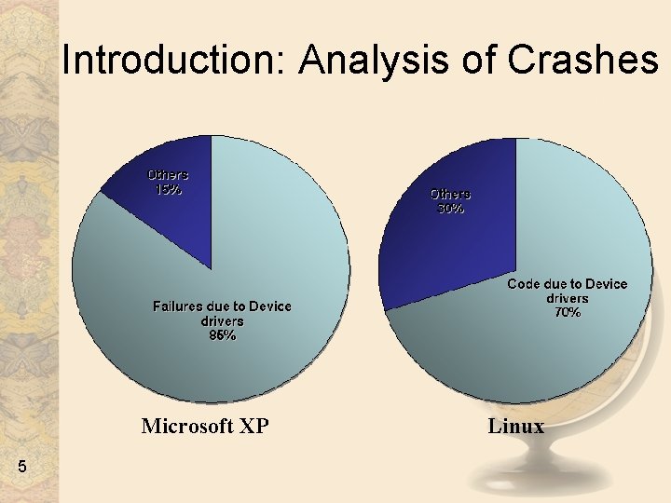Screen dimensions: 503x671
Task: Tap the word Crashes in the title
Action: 582,61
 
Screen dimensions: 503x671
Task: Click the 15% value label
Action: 168,189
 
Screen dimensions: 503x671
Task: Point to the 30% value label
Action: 450,209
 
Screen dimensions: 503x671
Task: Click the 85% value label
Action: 222,335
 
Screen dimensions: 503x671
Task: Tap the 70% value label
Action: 568,313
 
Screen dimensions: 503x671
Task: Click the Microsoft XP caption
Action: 205,427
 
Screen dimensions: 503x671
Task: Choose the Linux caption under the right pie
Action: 515,427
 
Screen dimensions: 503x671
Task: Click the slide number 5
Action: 21,466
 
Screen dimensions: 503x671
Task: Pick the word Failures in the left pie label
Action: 180,306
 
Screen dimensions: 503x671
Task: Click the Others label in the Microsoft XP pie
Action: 168,174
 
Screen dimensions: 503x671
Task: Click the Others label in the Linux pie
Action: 450,194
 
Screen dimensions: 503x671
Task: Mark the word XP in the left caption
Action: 253,427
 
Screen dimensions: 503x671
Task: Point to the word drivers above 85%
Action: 222,320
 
